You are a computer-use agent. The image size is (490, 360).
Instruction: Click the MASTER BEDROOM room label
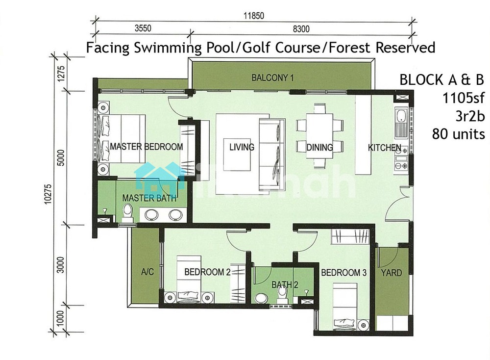[146, 146]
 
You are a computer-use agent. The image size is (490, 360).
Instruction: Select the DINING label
[319, 147]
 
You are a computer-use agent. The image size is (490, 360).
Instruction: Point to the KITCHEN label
[385, 147]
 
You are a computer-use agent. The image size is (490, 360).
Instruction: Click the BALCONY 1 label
[272, 77]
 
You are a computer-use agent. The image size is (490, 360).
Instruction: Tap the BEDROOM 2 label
[207, 272]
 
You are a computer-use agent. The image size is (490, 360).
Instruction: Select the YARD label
[392, 273]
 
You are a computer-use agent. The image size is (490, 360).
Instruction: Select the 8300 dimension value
[301, 29]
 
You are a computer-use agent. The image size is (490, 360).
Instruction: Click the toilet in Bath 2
[282, 292]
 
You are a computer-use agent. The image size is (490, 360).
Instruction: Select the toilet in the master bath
[127, 212]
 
